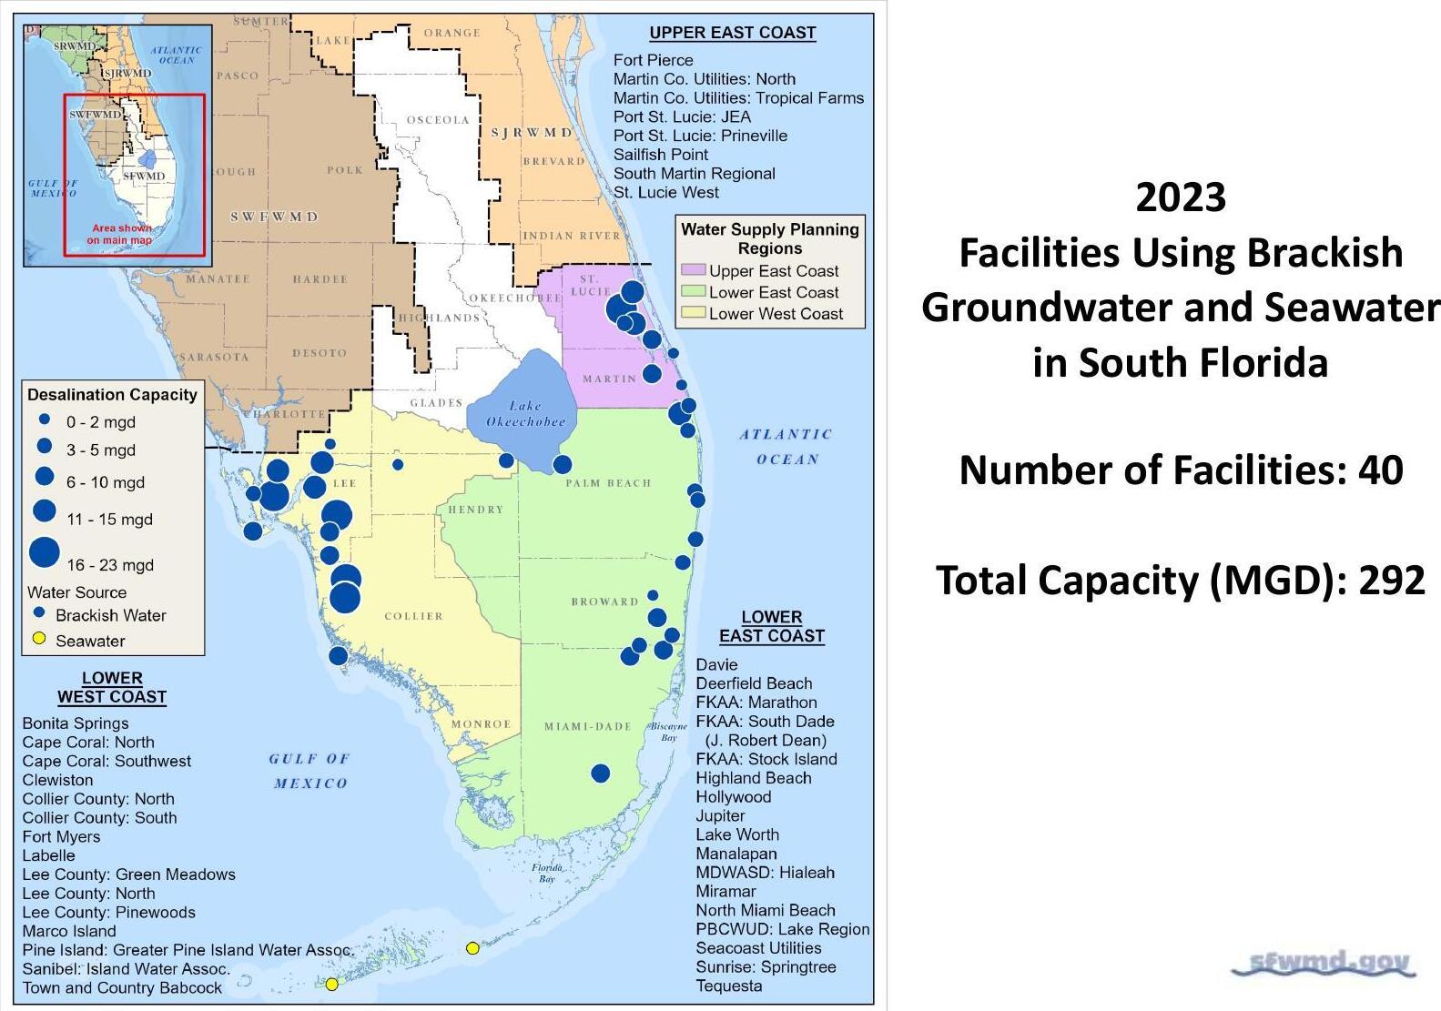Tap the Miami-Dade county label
tap(587, 726)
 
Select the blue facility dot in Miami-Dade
tap(600, 773)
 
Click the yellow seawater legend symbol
tap(39, 639)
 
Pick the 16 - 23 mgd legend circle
tap(45, 552)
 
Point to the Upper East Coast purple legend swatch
tap(693, 270)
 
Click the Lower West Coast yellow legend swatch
tap(693, 313)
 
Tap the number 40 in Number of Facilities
tap(1380, 470)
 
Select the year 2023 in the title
tap(1181, 197)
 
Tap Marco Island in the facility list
tap(69, 931)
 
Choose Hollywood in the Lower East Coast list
tap(733, 796)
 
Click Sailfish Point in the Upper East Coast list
tap(660, 155)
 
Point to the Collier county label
tap(413, 616)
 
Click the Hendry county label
tap(475, 510)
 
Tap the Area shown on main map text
tap(120, 234)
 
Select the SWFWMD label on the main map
tap(274, 217)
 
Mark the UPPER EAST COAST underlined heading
tap(732, 33)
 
